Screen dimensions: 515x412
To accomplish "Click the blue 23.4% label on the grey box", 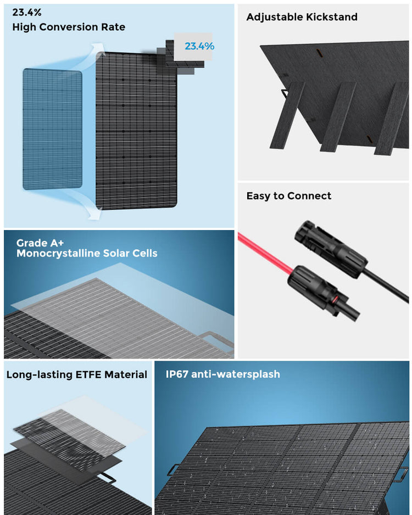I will [x=199, y=46].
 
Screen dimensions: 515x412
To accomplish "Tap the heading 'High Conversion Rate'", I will [x=69, y=27].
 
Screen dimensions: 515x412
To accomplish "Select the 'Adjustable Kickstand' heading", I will [x=302, y=17].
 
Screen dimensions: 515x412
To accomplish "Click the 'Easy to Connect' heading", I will [x=288, y=196].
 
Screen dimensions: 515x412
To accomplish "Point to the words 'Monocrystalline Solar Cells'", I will [x=87, y=253].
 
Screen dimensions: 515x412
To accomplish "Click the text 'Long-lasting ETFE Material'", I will [x=77, y=375].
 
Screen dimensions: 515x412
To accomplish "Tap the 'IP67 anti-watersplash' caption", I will [x=223, y=374].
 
